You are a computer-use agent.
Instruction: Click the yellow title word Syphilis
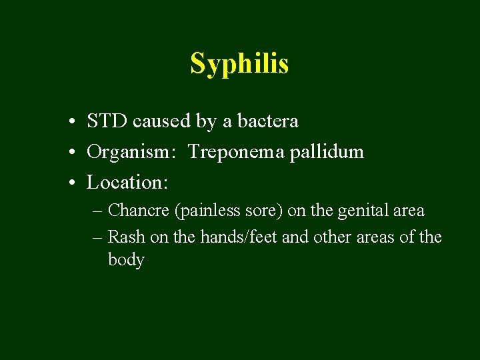point(239,64)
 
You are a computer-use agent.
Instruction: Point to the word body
point(126,260)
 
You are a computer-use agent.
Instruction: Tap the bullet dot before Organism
point(70,153)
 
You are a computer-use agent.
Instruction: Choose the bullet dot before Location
point(70,182)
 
